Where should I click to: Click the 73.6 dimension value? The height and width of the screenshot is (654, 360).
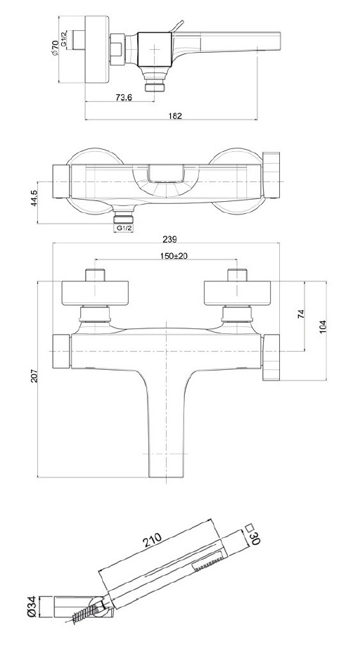(x=124, y=97)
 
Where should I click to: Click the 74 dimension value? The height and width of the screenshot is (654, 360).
(x=302, y=314)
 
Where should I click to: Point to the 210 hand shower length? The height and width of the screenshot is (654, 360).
(x=153, y=541)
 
